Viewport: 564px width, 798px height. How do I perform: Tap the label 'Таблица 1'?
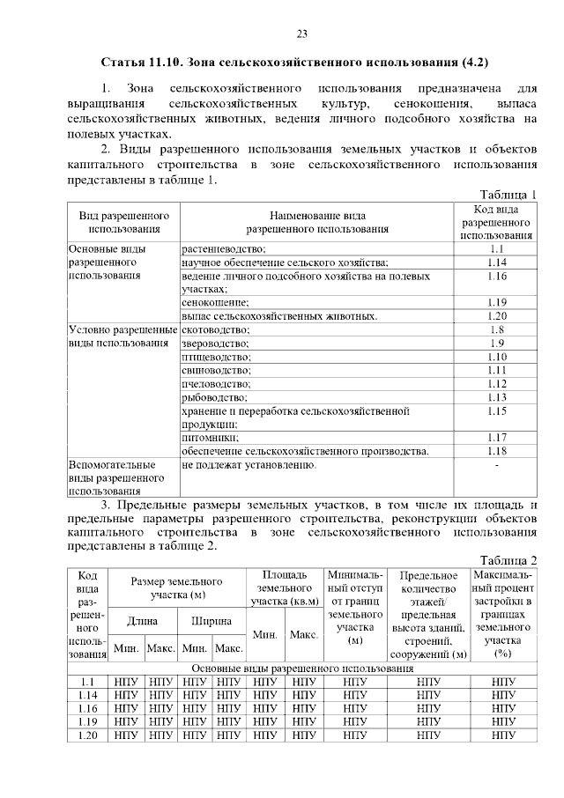tap(508, 195)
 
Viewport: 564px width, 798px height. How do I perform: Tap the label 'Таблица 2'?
tap(508, 560)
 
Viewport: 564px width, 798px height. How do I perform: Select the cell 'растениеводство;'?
tap(224, 250)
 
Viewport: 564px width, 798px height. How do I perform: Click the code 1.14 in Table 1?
tap(497, 262)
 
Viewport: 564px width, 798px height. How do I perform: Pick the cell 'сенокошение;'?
tap(215, 302)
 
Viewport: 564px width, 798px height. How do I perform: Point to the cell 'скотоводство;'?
tap(217, 329)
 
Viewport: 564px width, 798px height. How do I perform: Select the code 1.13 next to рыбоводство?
tap(497, 397)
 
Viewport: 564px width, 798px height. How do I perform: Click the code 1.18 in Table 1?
tap(497, 451)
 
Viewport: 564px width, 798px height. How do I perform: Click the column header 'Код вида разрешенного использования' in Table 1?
tap(497, 222)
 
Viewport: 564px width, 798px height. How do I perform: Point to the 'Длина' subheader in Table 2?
tap(142, 622)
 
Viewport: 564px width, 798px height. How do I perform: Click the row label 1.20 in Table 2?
tap(87, 735)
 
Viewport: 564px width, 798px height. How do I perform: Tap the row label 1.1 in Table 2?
tap(87, 682)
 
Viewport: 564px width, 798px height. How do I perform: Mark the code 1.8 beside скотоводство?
tap(497, 329)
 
